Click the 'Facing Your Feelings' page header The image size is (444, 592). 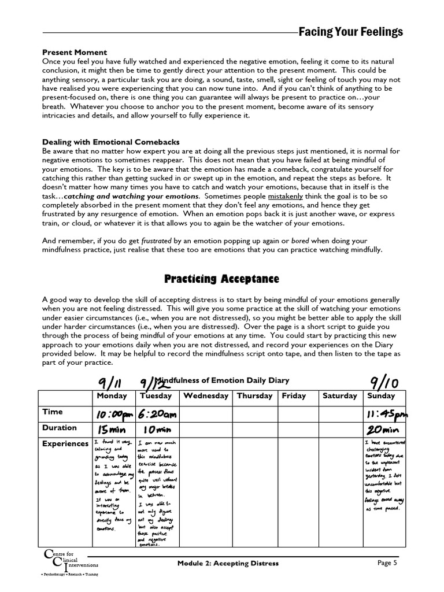350,32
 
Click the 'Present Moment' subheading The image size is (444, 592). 75,52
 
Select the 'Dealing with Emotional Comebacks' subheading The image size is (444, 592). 111,142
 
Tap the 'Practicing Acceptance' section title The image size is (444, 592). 222,279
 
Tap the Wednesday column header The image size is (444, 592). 206,396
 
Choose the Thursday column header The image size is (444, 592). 254,396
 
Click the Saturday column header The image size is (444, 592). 339,396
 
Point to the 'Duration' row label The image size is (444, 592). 60,428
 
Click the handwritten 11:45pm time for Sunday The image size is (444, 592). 386,414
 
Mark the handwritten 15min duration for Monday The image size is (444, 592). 111,430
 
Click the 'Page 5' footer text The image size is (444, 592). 390,563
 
